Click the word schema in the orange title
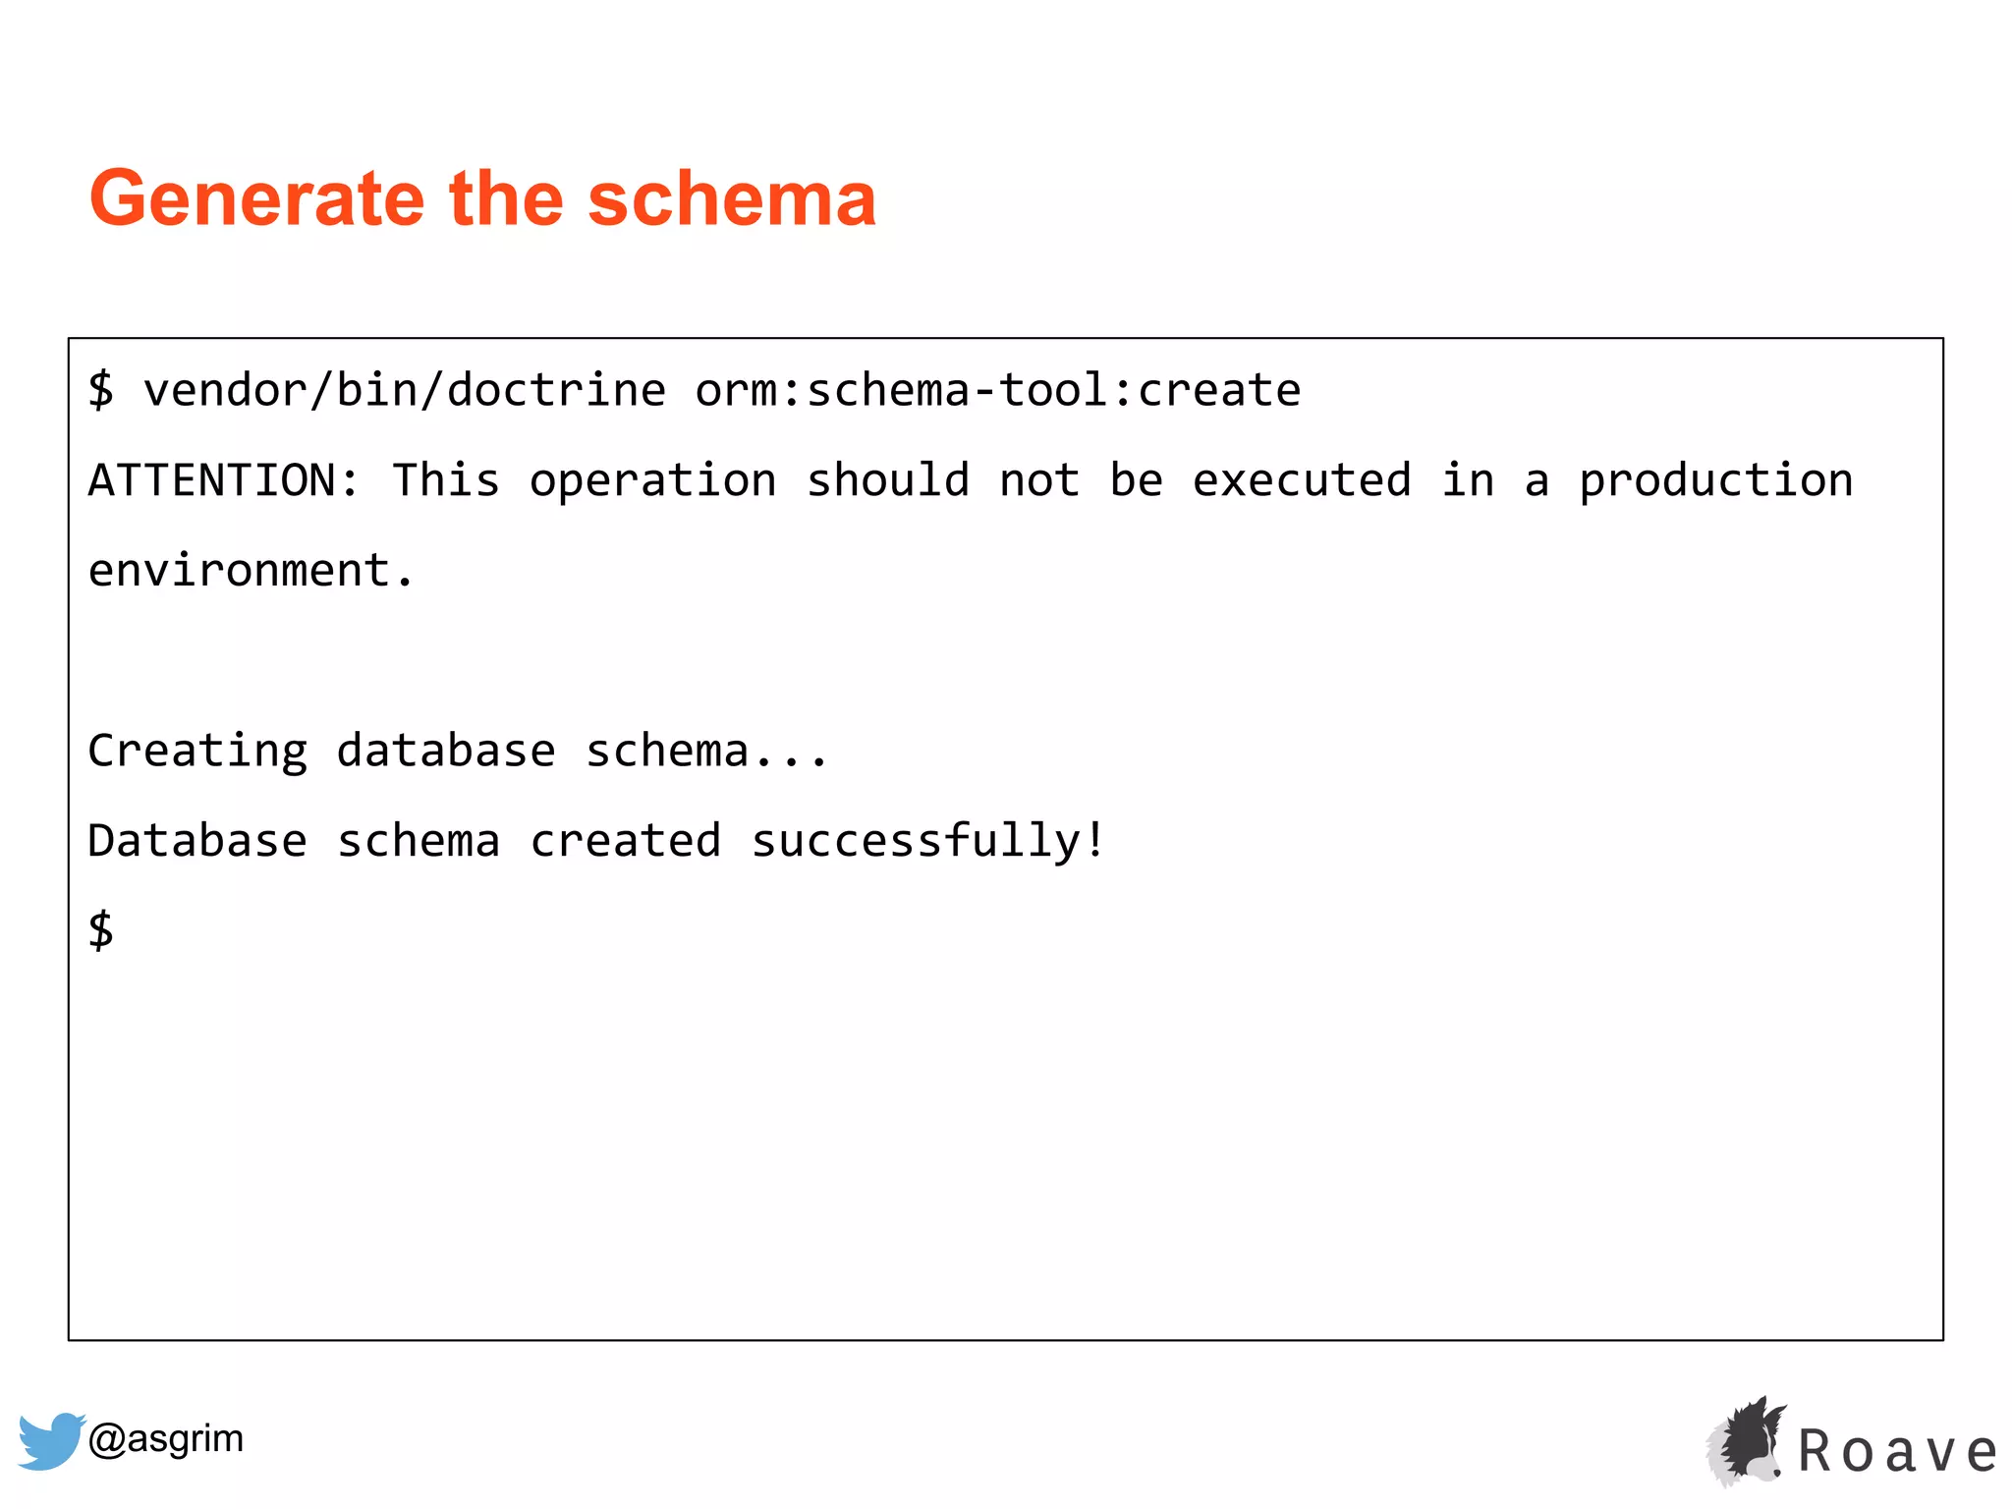731,199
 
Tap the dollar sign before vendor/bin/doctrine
100,389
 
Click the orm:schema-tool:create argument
997,390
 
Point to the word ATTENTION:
224,480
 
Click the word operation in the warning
652,480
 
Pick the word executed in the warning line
1302,480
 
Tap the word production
1715,481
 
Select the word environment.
251,571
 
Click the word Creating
197,752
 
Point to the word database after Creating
446,752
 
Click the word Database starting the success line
197,841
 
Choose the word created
626,841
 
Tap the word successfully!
928,842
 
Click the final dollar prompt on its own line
100,929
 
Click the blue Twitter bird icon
50,1440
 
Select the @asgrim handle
166,1438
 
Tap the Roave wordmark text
1897,1452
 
